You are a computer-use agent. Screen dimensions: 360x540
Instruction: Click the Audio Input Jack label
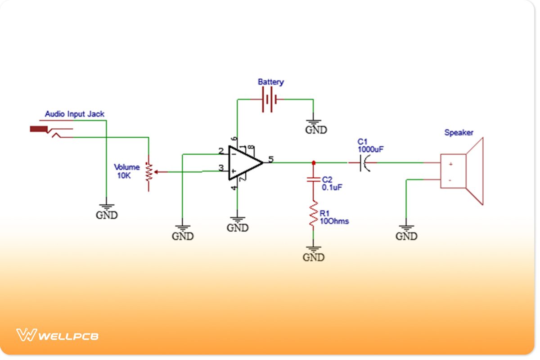[75, 114]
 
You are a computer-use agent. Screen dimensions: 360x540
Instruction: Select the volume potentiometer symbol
[148, 172]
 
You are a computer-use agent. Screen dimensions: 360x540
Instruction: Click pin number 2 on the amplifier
[220, 151]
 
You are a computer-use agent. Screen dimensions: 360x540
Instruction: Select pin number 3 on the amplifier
[220, 168]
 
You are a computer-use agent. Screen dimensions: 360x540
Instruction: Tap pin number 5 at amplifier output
[270, 159]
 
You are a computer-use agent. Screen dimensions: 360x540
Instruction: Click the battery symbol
[269, 100]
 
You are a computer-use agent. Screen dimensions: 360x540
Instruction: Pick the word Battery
[270, 82]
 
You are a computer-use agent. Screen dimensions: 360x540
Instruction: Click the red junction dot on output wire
[313, 162]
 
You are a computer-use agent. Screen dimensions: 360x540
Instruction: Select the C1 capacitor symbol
[364, 162]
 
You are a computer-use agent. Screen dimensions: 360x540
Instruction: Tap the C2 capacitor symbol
[313, 180]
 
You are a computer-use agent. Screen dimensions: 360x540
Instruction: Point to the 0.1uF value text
[332, 187]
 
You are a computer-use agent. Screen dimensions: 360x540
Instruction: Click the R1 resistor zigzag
[313, 215]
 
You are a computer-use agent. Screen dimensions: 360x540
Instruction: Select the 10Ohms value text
[334, 221]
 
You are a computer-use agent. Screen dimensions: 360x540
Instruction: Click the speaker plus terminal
[450, 165]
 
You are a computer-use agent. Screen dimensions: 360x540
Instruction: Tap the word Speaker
[459, 133]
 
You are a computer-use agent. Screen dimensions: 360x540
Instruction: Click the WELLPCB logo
[57, 335]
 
